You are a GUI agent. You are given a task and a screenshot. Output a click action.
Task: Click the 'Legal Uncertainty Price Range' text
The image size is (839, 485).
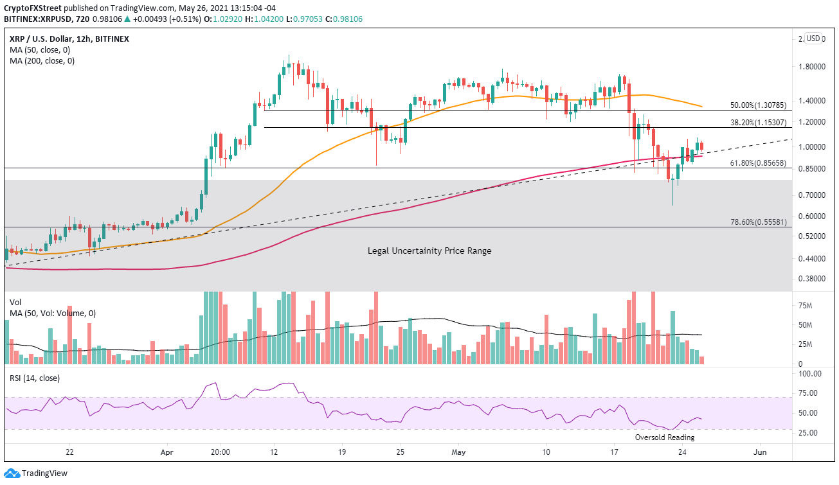[x=429, y=251]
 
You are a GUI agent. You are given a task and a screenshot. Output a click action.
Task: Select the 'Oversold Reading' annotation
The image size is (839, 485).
[x=664, y=437]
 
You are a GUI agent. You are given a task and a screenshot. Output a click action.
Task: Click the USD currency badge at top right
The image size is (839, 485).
[x=814, y=39]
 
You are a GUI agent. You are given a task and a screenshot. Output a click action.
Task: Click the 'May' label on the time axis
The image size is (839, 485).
[x=458, y=452]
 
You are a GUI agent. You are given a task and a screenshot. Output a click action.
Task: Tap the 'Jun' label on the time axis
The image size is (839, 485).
[x=760, y=452]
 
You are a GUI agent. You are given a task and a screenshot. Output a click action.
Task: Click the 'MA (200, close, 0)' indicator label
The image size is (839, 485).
[x=42, y=61]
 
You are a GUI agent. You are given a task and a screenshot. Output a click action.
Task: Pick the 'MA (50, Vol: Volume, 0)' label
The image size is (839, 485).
[x=52, y=313]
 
